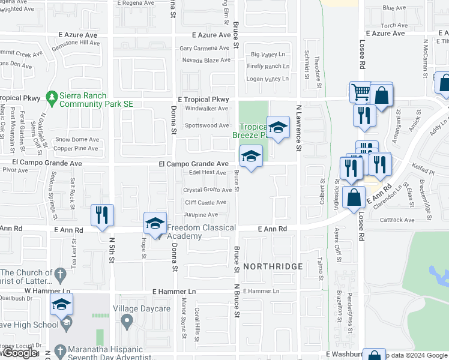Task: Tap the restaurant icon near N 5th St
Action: tap(101, 215)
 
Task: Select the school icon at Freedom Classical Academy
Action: tap(155, 224)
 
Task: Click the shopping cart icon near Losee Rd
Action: tap(361, 92)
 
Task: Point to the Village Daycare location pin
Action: tap(126, 322)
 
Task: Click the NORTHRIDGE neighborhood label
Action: tap(273, 265)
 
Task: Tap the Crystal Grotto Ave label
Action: tap(208, 190)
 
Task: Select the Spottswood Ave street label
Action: tap(206, 125)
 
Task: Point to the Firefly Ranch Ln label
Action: tap(268, 66)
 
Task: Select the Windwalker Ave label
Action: tap(206, 109)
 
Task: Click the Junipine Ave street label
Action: tap(201, 214)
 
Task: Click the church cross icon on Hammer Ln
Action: tap(60, 275)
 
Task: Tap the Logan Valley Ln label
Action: tap(268, 79)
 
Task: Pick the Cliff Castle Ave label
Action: tap(205, 203)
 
